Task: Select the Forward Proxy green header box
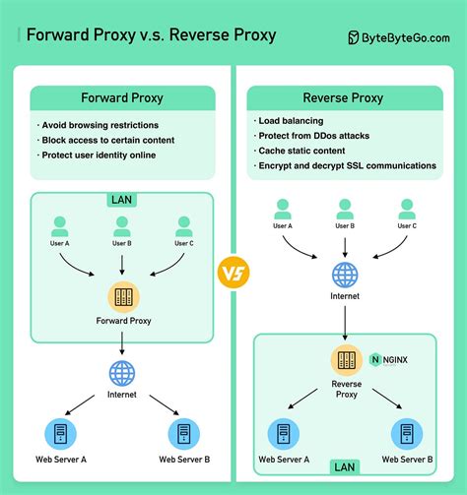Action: coord(121,98)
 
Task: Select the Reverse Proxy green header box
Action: coord(342,98)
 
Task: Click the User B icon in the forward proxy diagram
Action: coord(121,225)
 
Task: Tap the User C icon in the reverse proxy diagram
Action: coord(407,209)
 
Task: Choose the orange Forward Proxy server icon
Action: coord(121,297)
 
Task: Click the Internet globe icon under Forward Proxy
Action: coord(121,374)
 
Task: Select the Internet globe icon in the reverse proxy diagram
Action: coord(344,275)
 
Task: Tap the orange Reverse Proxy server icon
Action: coord(346,361)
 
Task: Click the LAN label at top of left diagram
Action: coord(121,200)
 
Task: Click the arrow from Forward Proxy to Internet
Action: coord(121,341)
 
